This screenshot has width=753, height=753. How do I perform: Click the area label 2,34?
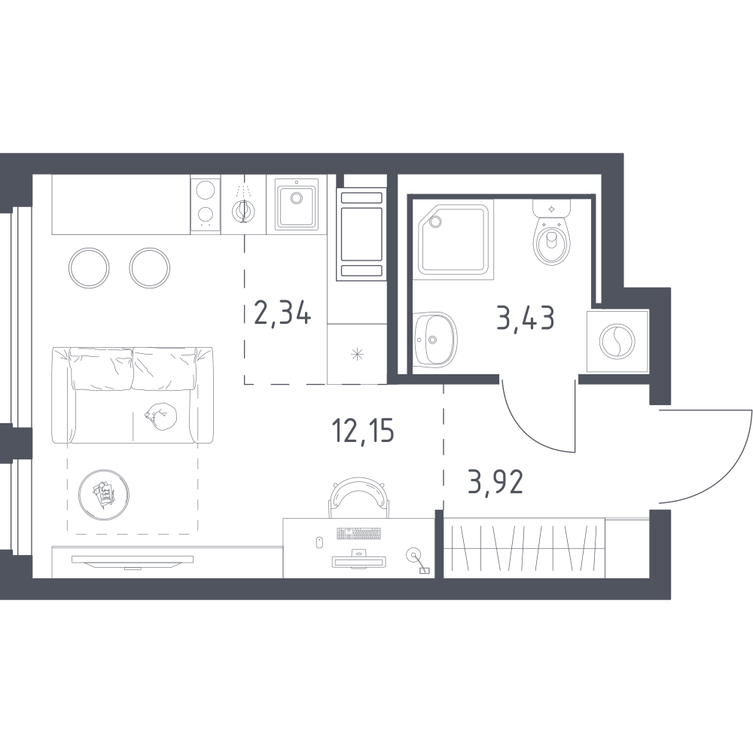283,313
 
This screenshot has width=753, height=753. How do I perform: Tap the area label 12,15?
363,430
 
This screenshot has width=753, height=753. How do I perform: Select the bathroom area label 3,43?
526,318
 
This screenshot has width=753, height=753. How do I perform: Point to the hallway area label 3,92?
495,483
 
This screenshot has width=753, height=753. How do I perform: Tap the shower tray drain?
436,221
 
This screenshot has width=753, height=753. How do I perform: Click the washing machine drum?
617,341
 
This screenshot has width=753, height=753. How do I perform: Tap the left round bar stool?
89,268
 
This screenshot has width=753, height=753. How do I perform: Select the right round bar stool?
149,268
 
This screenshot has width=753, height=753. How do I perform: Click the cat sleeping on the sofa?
161,415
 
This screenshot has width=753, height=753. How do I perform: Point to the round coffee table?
104,495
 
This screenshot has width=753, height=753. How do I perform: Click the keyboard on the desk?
358,533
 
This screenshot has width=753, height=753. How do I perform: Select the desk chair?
358,498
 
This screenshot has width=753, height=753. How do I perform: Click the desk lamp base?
412,556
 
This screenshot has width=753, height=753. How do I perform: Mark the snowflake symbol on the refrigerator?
357,355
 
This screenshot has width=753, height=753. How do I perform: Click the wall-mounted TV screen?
133,560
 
